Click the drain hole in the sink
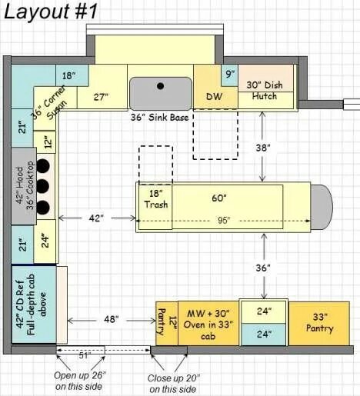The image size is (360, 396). [x=161, y=86]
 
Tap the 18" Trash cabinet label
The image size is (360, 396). [x=155, y=199]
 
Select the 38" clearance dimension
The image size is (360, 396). [x=263, y=148]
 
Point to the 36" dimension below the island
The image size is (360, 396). [x=263, y=268]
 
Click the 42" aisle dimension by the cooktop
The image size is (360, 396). [x=96, y=218]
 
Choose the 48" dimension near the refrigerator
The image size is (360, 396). [x=112, y=319]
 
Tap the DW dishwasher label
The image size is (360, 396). [x=214, y=96]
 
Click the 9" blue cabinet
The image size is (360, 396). [x=230, y=75]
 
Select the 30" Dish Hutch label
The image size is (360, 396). [x=265, y=91]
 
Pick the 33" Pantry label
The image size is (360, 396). [x=319, y=323]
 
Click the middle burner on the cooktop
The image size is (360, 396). [x=42, y=186]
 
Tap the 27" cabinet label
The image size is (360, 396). [x=101, y=97]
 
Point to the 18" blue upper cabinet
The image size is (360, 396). [x=72, y=75]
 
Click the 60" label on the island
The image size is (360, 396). [x=219, y=198]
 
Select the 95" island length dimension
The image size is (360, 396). [x=223, y=221]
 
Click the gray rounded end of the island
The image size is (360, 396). [x=322, y=207]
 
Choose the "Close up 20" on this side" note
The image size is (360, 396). [x=174, y=384]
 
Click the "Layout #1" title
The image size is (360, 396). [x=51, y=12]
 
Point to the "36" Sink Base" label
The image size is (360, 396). [x=160, y=118]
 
